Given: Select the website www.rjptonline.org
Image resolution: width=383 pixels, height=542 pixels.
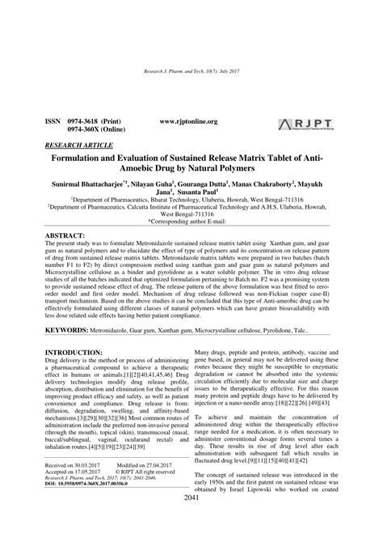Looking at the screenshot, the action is coord(188,121).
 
